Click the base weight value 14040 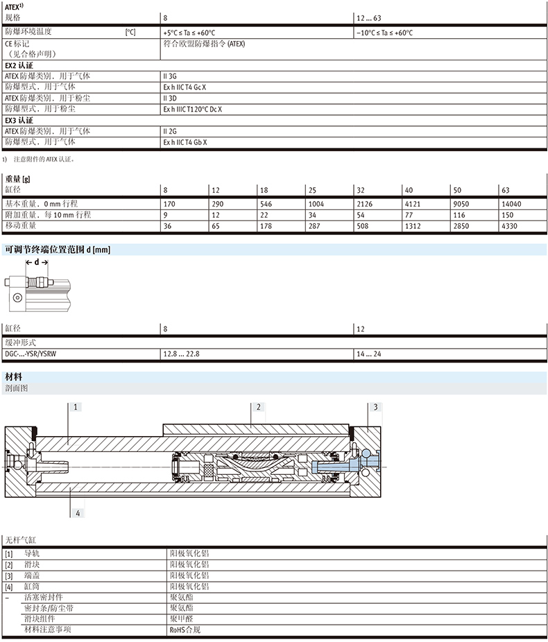coord(511,204)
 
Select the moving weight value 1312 coord(413,226)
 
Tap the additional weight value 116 coord(459,215)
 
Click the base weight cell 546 coord(266,204)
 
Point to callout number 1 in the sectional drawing coord(76,407)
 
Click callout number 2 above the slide coord(259,407)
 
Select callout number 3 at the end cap coord(375,407)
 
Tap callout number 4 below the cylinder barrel coord(78,513)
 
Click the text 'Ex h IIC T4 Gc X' coord(185,87)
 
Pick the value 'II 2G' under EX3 coord(170,132)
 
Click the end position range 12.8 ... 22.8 coord(182,354)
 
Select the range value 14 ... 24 coord(368,354)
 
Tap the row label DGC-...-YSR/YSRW coord(31,354)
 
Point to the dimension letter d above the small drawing coord(37,262)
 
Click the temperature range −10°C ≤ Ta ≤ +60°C coord(384,33)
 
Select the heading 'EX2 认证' coord(19,65)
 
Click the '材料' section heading coord(13,376)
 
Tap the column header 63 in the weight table coord(506,190)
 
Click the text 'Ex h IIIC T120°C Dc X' coord(193,110)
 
